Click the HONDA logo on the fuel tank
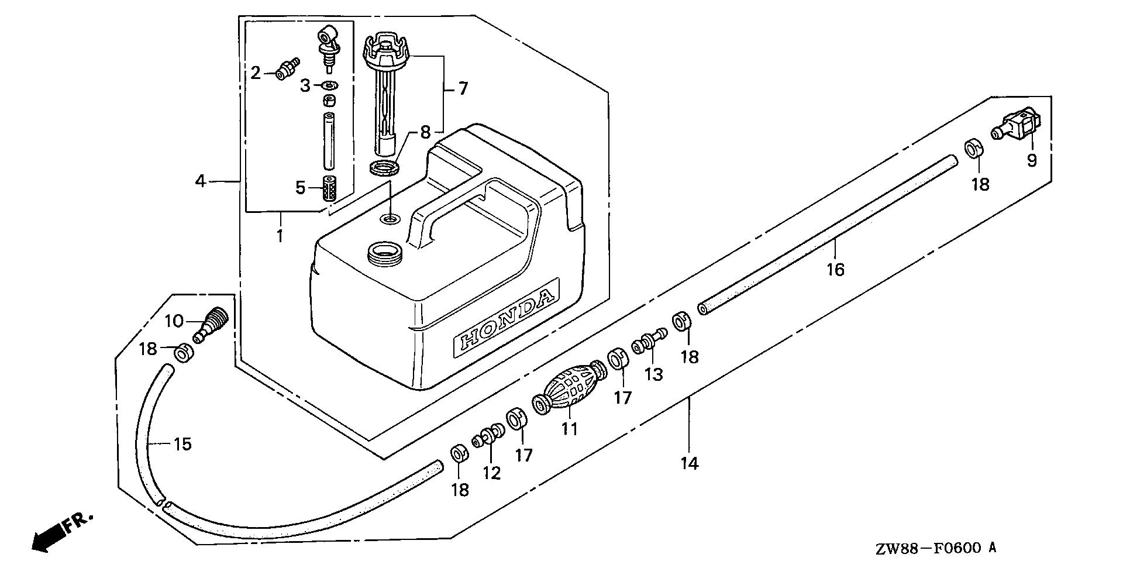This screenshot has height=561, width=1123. point(505,322)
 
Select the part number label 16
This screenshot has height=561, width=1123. point(836,269)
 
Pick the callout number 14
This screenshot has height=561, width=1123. point(690,464)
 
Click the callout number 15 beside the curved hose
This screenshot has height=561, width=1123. point(182,444)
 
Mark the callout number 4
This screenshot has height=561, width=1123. point(201,181)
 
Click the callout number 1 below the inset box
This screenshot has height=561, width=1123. point(280,236)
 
